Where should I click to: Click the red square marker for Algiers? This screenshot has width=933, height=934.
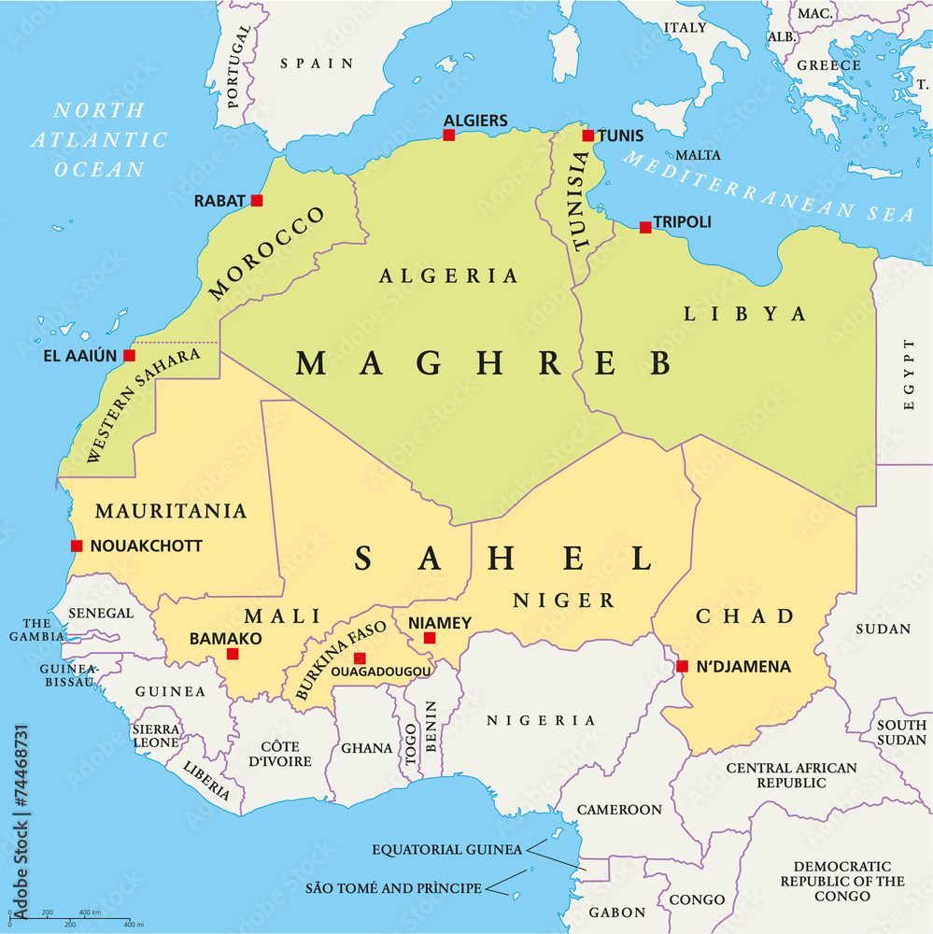click(448, 135)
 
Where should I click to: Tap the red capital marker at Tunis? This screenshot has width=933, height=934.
click(587, 135)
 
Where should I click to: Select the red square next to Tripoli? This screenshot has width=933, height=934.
click(645, 227)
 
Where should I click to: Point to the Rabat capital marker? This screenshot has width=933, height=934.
click(257, 201)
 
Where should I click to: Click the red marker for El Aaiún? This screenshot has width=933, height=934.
click(129, 356)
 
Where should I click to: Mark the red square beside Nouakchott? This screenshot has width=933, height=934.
click(77, 546)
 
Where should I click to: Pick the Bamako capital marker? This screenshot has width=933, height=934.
click(233, 654)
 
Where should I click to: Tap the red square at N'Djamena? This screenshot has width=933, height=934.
click(682, 666)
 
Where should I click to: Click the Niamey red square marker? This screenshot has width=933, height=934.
click(430, 638)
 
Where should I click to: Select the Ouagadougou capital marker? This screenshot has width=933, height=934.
click(360, 658)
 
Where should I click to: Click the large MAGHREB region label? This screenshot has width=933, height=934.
click(484, 363)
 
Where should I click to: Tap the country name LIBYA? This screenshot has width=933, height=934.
click(744, 314)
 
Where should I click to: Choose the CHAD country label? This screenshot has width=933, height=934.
click(744, 616)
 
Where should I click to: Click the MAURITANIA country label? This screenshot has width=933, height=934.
click(171, 512)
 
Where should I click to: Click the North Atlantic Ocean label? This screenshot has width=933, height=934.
click(99, 140)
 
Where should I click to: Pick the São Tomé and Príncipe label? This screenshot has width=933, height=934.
click(393, 888)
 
